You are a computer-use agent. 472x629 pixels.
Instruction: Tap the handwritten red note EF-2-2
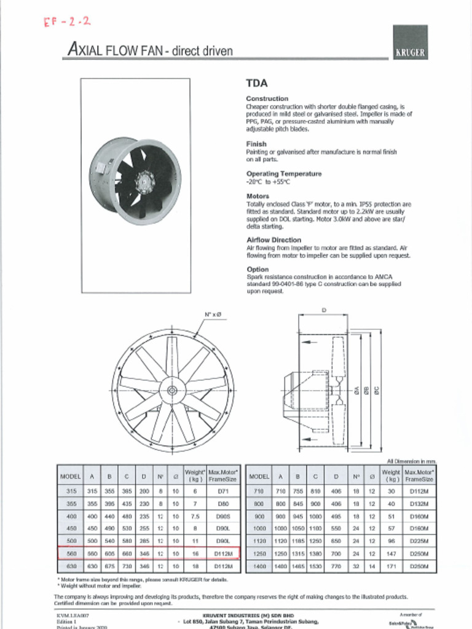(67, 23)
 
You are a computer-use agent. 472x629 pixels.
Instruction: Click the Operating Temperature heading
(283, 174)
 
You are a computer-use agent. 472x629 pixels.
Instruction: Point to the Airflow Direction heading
(273, 240)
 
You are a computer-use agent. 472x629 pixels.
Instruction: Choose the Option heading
(258, 269)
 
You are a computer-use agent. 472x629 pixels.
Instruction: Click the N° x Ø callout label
(213, 315)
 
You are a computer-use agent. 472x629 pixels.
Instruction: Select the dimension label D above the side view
(324, 310)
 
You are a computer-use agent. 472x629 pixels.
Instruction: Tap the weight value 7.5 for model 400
(195, 517)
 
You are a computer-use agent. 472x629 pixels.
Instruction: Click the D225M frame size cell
(420, 541)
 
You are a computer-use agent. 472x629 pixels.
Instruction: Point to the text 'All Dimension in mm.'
(411, 461)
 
